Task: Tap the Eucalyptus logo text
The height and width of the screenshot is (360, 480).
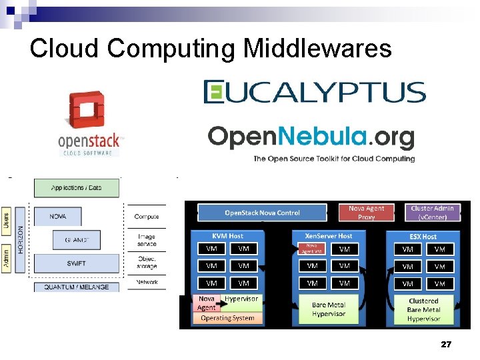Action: pyautogui.click(x=314, y=92)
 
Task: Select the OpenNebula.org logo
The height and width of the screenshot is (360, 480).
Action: pyautogui.click(x=311, y=137)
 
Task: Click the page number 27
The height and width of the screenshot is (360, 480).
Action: pyautogui.click(x=446, y=345)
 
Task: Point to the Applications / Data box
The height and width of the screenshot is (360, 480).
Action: pyautogui.click(x=77, y=188)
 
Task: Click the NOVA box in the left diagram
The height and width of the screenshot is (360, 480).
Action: pyautogui.click(x=58, y=216)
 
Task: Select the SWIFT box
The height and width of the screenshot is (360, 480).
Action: pyautogui.click(x=76, y=263)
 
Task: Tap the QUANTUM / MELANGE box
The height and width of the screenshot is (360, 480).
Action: pyautogui.click(x=76, y=287)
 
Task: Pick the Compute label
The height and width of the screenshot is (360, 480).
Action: pyautogui.click(x=147, y=217)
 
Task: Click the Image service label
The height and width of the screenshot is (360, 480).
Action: pyautogui.click(x=147, y=240)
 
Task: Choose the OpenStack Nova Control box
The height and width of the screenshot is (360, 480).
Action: pyautogui.click(x=262, y=213)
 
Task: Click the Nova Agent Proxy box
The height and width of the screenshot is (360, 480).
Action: pyautogui.click(x=366, y=212)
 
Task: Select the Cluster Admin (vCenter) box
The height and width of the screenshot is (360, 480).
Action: pyautogui.click(x=432, y=212)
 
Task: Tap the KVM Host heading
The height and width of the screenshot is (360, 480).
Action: pyautogui.click(x=228, y=236)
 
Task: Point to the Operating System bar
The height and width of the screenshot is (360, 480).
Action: pyautogui.click(x=227, y=318)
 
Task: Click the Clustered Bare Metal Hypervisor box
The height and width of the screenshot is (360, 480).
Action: pyautogui.click(x=423, y=310)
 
